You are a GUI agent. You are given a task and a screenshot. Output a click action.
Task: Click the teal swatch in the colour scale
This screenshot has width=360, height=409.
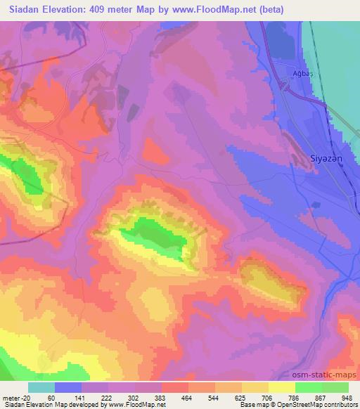41,387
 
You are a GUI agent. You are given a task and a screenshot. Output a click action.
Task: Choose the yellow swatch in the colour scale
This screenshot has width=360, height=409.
281,387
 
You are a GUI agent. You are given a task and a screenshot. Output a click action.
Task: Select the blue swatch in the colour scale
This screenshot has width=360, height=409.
68,387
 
